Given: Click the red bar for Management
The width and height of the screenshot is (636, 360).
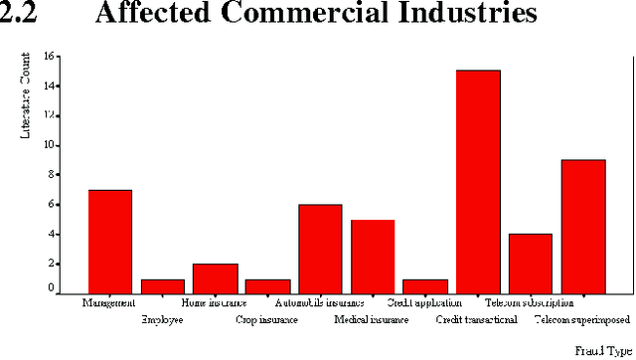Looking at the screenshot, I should tap(109, 242).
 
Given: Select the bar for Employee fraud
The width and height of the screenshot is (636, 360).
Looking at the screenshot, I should tap(162, 286).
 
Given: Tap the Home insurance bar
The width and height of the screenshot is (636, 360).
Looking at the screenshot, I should tap(215, 278).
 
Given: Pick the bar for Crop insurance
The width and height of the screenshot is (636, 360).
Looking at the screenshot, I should tap(267, 286).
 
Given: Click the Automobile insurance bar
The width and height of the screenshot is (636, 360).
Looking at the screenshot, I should tap(320, 249).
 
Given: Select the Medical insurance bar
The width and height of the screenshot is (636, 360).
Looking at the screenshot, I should tap(373, 257).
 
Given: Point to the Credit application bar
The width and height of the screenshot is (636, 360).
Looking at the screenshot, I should tap(425, 286).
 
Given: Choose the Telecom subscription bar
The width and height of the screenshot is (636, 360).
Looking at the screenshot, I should tap(531, 264).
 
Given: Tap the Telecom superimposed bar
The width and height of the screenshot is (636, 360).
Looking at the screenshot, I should tap(583, 227).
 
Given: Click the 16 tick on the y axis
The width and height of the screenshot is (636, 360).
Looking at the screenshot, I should tap(50, 57).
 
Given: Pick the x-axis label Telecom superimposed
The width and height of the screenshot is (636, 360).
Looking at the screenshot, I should tap(582, 320).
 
